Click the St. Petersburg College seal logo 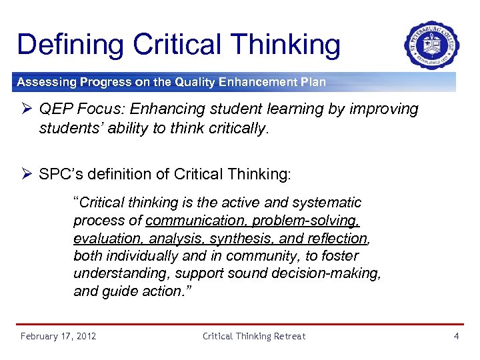(x=431, y=45)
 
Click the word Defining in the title (x=70, y=45)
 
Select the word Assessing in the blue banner (x=45, y=83)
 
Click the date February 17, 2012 (x=59, y=336)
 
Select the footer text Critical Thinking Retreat (x=254, y=336)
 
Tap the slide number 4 (x=456, y=336)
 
